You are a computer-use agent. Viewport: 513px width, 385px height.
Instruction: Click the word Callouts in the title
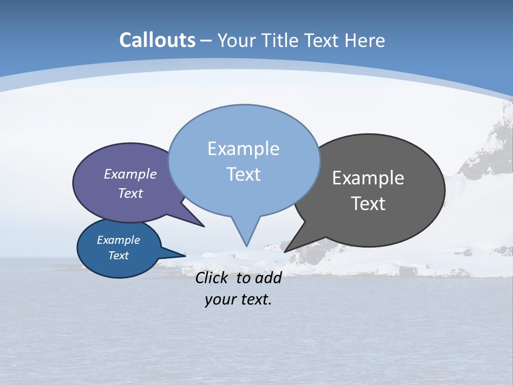(157, 40)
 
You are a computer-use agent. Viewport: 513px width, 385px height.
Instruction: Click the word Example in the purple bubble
(130, 174)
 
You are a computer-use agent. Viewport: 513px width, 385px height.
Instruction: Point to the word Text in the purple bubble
(130, 193)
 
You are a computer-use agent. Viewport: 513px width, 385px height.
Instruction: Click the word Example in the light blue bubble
(243, 149)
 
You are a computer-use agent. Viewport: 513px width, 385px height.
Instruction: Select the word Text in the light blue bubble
(243, 174)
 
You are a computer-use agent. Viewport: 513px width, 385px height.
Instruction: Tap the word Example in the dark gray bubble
(368, 178)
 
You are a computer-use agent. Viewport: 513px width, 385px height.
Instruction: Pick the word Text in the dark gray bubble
(368, 204)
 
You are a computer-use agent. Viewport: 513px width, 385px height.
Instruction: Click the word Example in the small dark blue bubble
(118, 240)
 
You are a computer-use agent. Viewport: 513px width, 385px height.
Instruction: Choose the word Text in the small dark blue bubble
(118, 256)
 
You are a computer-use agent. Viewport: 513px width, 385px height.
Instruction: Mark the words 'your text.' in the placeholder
(238, 299)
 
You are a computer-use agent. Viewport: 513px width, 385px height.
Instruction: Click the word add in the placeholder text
(268, 278)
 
